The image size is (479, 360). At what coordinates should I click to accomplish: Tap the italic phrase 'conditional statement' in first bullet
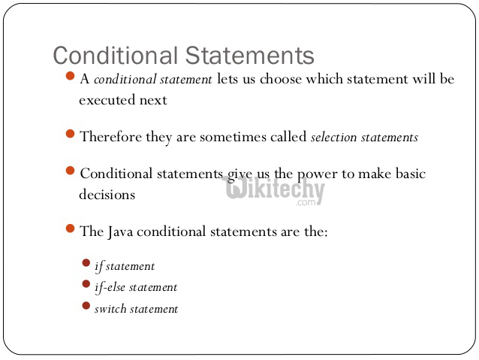pos(152,80)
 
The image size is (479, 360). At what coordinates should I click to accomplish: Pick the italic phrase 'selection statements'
pos(364,137)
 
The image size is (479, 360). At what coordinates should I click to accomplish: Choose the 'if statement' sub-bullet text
pos(125,266)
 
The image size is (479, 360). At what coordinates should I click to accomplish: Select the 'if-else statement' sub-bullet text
pos(136,287)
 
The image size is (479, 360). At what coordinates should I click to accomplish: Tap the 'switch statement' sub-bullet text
pos(136,309)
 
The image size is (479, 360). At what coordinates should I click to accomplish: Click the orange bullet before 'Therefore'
pos(71,135)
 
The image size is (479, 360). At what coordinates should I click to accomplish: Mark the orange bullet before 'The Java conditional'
pos(71,229)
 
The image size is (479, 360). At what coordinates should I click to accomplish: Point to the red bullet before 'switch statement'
pos(86,306)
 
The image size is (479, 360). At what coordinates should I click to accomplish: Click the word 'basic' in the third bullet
pos(409,174)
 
